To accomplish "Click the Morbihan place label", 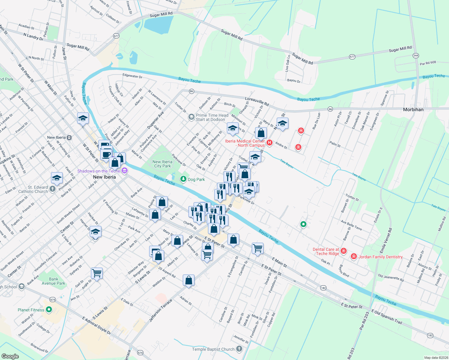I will [x=413, y=109].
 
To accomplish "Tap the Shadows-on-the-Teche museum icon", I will [x=125, y=171].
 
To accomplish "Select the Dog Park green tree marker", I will [x=183, y=179].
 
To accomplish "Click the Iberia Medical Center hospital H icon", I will [x=270, y=143].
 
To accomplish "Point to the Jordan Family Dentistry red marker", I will [x=354, y=256].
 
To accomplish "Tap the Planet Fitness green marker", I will [x=49, y=309].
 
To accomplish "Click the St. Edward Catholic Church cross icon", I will [x=53, y=189].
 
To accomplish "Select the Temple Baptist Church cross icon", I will [x=239, y=349].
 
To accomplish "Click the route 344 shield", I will [x=416, y=55].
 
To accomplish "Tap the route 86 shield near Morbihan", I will [x=330, y=109].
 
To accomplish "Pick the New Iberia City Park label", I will [x=162, y=164].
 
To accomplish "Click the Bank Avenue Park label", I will [x=53, y=281].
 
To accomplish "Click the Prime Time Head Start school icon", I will [x=191, y=117].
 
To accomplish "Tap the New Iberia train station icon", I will [x=69, y=137].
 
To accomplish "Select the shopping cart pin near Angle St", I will [x=97, y=273].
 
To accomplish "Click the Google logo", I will [x=10, y=356].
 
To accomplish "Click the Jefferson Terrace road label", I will [x=161, y=311].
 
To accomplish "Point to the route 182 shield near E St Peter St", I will [x=323, y=288].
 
